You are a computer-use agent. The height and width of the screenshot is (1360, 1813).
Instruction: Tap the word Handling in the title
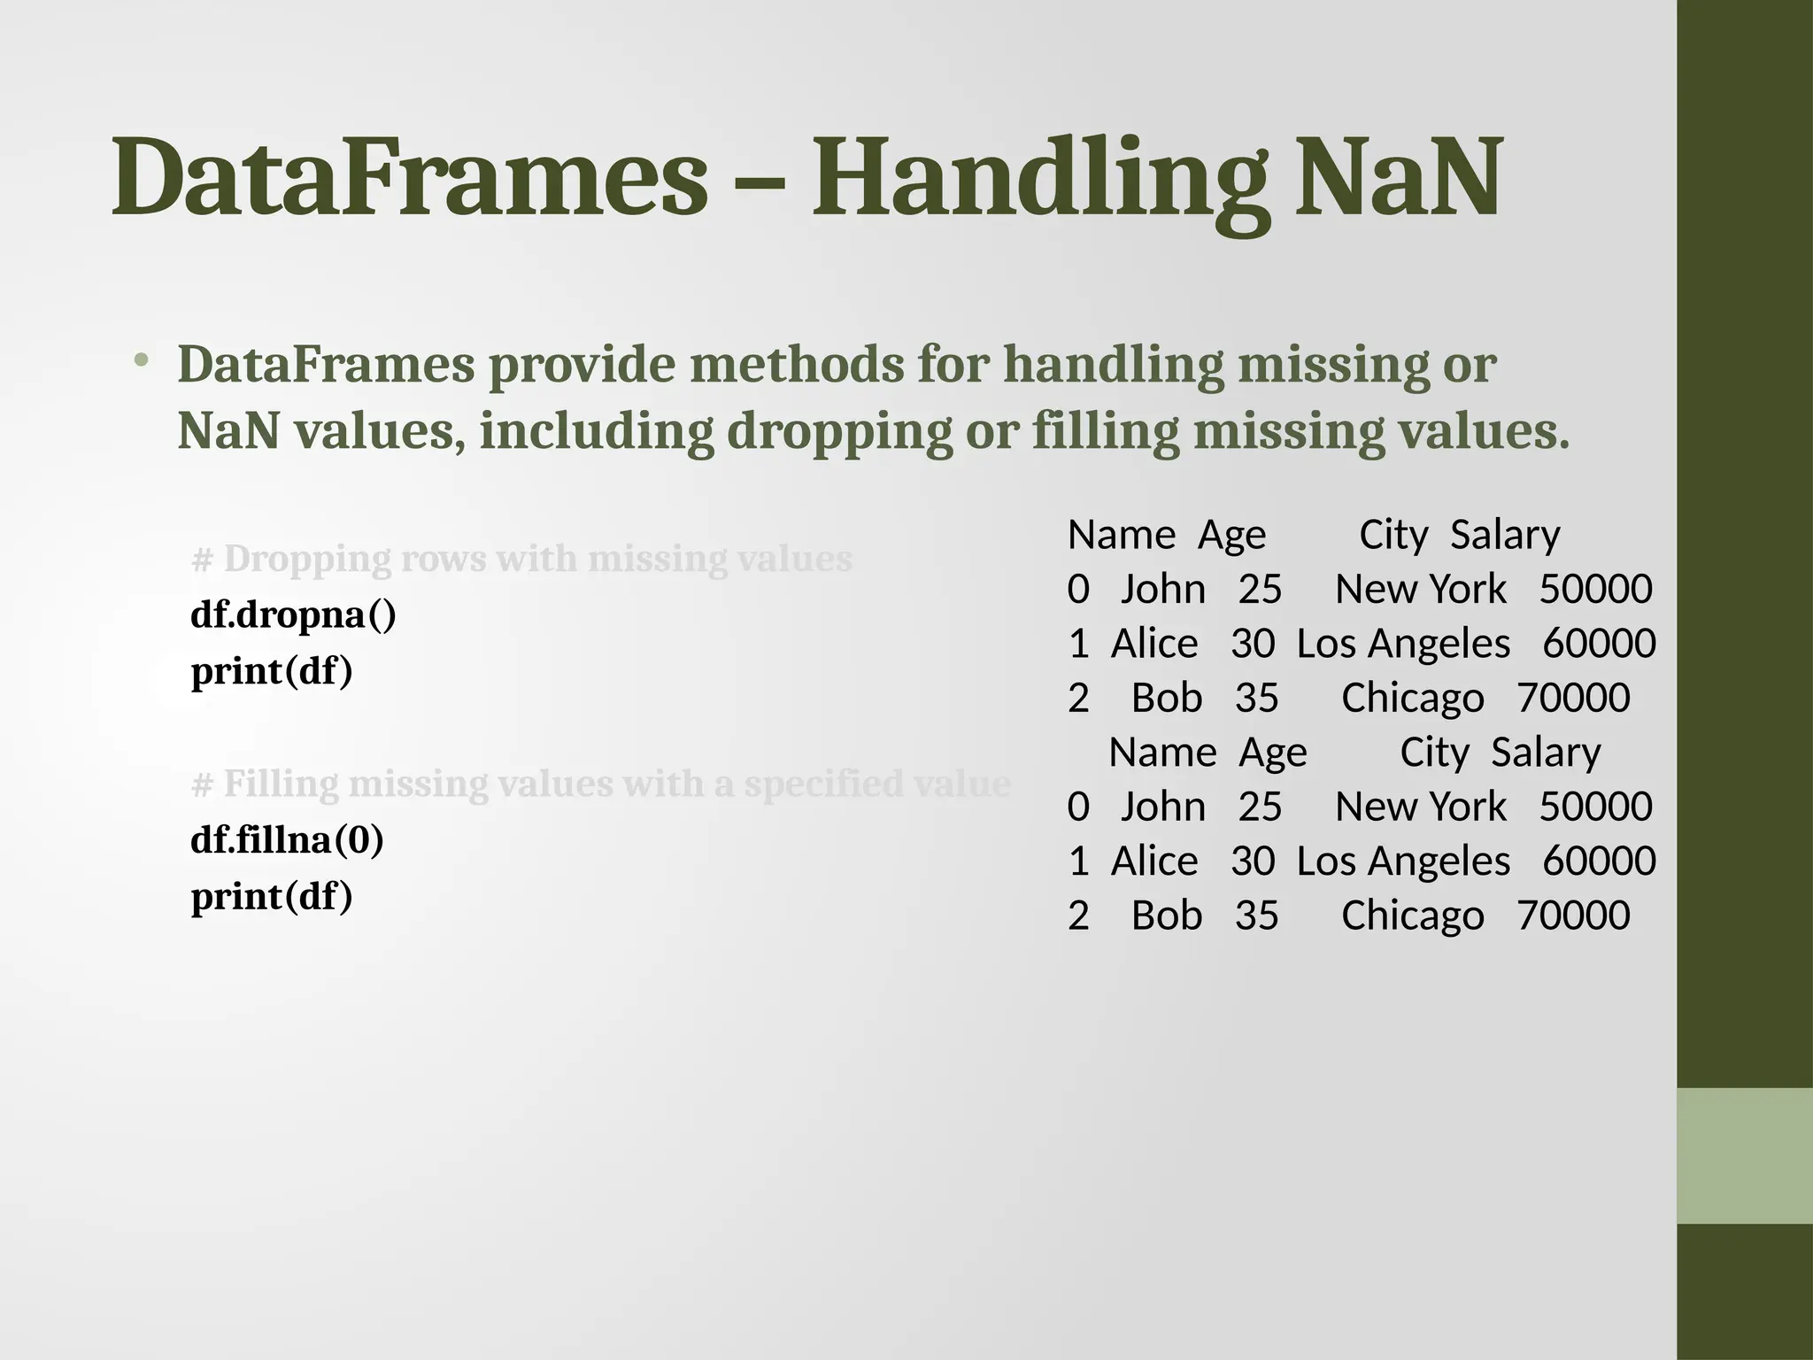tap(1041, 181)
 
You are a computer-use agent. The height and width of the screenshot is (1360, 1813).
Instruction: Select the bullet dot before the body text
tap(142, 361)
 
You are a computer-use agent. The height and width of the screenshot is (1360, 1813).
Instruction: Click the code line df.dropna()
tap(293, 614)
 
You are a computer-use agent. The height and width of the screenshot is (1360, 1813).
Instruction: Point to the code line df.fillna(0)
tap(287, 839)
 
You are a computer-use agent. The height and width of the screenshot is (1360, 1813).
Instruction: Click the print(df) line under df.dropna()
tap(272, 671)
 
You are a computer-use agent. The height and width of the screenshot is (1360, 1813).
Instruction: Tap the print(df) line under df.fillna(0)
tap(272, 896)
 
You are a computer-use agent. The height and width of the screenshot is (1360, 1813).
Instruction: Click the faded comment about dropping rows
tap(521, 559)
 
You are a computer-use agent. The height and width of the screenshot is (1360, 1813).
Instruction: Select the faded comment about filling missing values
tap(600, 784)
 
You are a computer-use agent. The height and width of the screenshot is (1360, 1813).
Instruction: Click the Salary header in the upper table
tap(1505, 536)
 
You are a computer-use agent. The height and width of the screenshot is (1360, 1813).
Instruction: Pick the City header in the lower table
tap(1434, 753)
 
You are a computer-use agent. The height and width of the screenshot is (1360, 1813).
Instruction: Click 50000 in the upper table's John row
tap(1595, 590)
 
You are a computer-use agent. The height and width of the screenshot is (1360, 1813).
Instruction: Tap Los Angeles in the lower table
tap(1403, 862)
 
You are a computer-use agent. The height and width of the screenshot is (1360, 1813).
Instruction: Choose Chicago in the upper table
tap(1412, 699)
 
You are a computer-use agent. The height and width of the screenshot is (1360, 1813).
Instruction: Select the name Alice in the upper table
tap(1154, 644)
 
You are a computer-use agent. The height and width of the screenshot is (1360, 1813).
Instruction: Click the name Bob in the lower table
tap(1167, 916)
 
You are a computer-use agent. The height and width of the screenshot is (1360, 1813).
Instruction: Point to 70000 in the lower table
tap(1573, 916)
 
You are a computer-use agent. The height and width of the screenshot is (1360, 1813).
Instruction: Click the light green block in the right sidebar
tap(1745, 1155)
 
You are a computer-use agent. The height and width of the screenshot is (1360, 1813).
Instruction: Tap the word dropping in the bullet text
tap(839, 432)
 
